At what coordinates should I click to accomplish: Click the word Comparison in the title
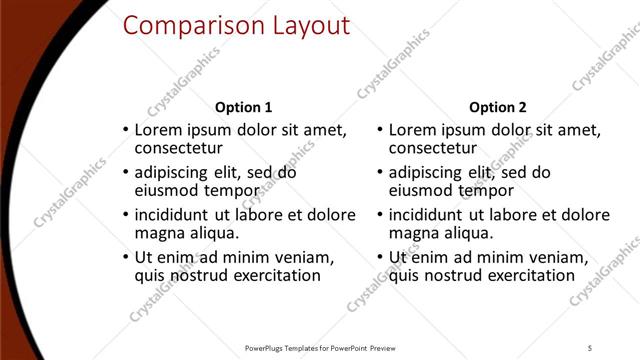pos(185,26)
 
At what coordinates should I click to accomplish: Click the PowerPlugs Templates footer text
pos(321,347)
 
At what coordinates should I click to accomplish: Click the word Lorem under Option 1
pos(159,130)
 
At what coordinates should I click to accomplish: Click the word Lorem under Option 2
pos(413,130)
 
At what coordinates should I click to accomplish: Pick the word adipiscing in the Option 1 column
pos(174,172)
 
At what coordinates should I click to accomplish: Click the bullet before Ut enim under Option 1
pos(125,258)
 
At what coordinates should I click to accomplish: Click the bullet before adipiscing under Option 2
pos(379,172)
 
